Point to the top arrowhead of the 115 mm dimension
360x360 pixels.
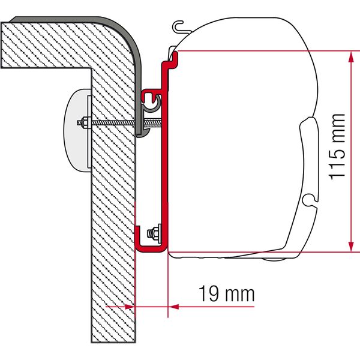pos(349,55)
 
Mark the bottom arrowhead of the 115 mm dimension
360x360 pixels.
pos(349,247)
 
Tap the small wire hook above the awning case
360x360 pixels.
pos(179,26)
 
